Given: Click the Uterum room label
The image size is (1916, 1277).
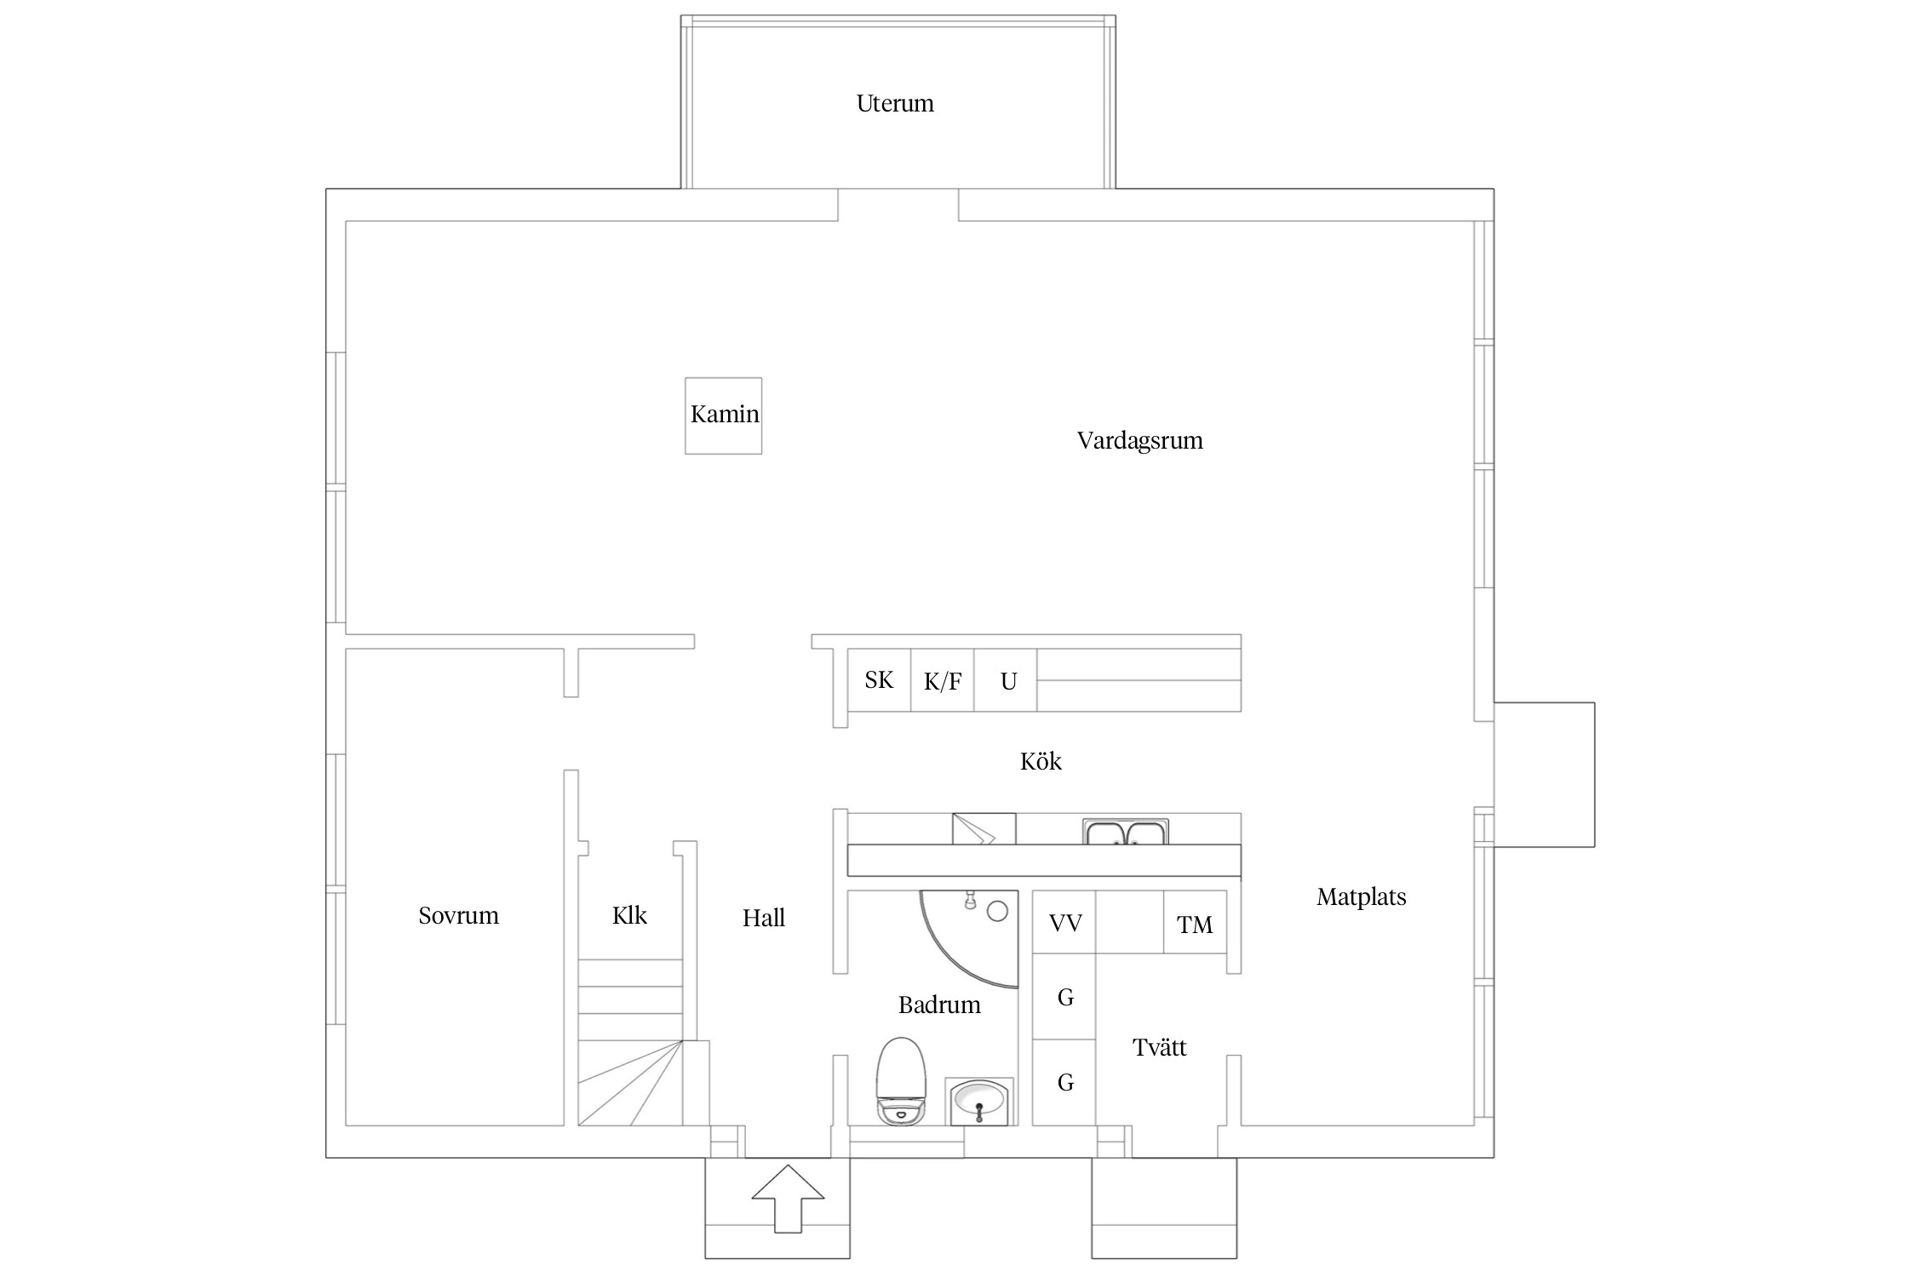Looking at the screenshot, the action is (895, 104).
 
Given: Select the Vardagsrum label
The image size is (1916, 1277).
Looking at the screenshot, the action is (1139, 441).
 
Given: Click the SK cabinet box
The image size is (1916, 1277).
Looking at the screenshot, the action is (880, 679).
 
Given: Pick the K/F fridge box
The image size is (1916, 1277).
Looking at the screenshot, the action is (943, 679).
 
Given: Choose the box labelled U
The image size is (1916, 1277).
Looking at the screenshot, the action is (1006, 679).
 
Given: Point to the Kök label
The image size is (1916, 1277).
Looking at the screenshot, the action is (1041, 761).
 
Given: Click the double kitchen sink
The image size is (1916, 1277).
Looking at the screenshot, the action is (1126, 832).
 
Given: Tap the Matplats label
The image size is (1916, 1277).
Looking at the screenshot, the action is (1361, 896).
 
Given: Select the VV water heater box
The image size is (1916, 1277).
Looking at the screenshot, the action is (1064, 922).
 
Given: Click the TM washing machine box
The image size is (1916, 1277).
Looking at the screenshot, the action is (1195, 922).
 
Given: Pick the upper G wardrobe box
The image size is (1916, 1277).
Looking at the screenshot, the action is (1064, 996).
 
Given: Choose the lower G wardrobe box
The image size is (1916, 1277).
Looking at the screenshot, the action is (1064, 1082).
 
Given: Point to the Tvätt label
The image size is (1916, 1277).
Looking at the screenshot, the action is (1159, 1047).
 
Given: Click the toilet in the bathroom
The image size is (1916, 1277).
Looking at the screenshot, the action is (901, 1081).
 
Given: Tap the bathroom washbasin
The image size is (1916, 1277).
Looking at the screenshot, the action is (979, 1102).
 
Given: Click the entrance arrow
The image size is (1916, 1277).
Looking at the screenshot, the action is (788, 1198).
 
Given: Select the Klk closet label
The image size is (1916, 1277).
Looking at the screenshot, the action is (629, 916).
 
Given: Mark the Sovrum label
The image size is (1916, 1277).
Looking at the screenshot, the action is (458, 916).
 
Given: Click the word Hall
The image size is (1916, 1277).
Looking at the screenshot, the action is (763, 918).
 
